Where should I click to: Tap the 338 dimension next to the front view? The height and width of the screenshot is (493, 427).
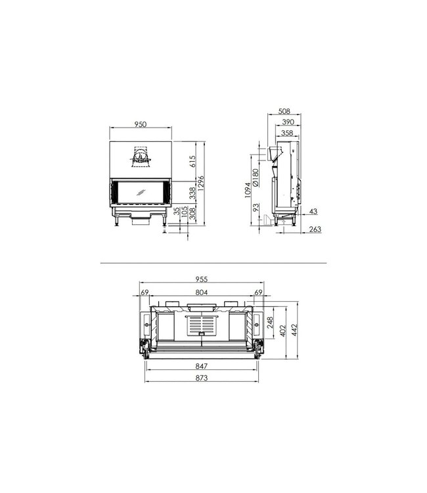[192, 193]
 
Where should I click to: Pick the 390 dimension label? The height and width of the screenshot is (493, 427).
[288, 122]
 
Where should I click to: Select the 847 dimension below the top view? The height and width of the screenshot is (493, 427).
[201, 367]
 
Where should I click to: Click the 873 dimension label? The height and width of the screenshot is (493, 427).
[201, 379]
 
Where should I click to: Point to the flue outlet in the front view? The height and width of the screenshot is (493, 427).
[141, 154]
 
